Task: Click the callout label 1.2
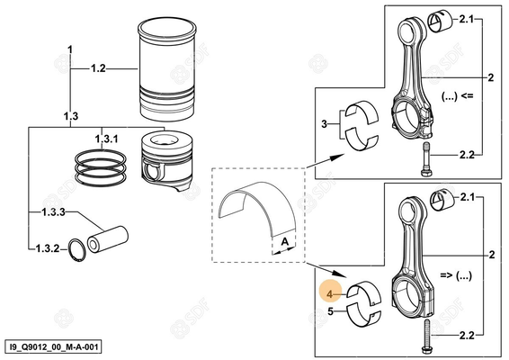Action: point(97,68)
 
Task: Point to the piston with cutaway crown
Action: point(170,161)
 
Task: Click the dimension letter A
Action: point(283,242)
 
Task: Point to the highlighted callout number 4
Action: point(331,293)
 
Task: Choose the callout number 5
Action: point(331,312)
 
